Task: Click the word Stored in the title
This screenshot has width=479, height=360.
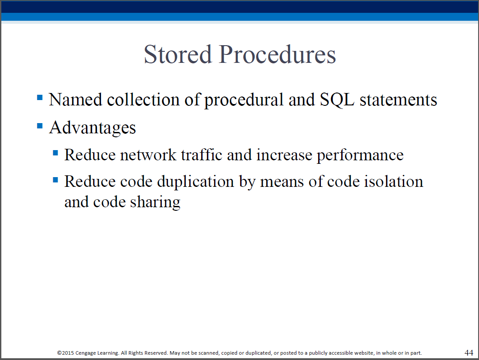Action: [178, 54]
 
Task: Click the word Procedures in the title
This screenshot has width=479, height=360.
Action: [277, 54]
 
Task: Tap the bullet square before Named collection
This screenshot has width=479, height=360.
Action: [40, 97]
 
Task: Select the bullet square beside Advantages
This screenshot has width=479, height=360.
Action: [40, 126]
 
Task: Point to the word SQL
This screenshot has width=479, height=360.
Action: [337, 100]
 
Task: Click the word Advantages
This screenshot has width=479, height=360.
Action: [92, 128]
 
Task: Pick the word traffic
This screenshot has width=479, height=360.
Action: [202, 155]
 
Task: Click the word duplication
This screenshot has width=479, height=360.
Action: [196, 182]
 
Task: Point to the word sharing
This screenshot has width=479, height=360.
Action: [155, 202]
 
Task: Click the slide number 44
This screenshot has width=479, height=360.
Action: [469, 352]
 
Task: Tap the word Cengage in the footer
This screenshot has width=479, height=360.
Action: [86, 353]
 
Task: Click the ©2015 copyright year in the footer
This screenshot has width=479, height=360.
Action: [66, 353]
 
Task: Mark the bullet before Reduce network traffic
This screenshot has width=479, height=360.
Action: [55, 153]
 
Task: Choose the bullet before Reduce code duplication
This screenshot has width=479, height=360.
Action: [55, 179]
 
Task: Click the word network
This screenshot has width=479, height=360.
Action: [148, 155]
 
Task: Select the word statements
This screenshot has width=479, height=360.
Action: [398, 100]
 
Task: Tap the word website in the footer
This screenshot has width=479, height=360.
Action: [364, 353]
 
